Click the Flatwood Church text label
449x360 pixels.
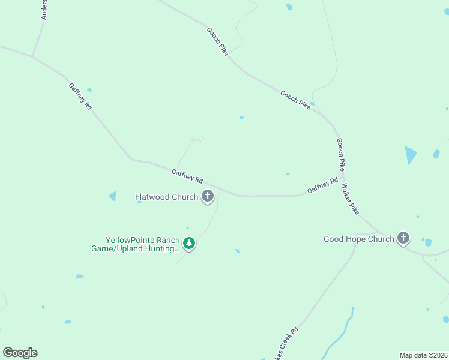tap(166, 197)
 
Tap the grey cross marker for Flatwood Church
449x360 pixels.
tap(208, 196)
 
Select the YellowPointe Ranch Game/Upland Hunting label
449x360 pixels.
tap(135, 244)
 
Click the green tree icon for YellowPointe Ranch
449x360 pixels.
tap(190, 243)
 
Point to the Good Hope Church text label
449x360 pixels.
tap(359, 239)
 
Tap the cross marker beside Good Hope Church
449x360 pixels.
tap(403, 238)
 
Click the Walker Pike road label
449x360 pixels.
tap(350, 200)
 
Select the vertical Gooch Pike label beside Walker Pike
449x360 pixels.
tap(340, 154)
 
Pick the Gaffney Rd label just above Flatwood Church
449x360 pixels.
tap(187, 176)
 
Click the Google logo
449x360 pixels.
tap(20, 352)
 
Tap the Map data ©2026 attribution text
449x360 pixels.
tap(423, 355)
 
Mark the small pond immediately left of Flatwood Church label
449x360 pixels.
tap(112, 196)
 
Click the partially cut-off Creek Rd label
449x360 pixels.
tap(285, 345)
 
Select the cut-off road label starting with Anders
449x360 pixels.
tap(44, 10)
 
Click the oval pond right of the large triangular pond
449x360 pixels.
tap(436, 154)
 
